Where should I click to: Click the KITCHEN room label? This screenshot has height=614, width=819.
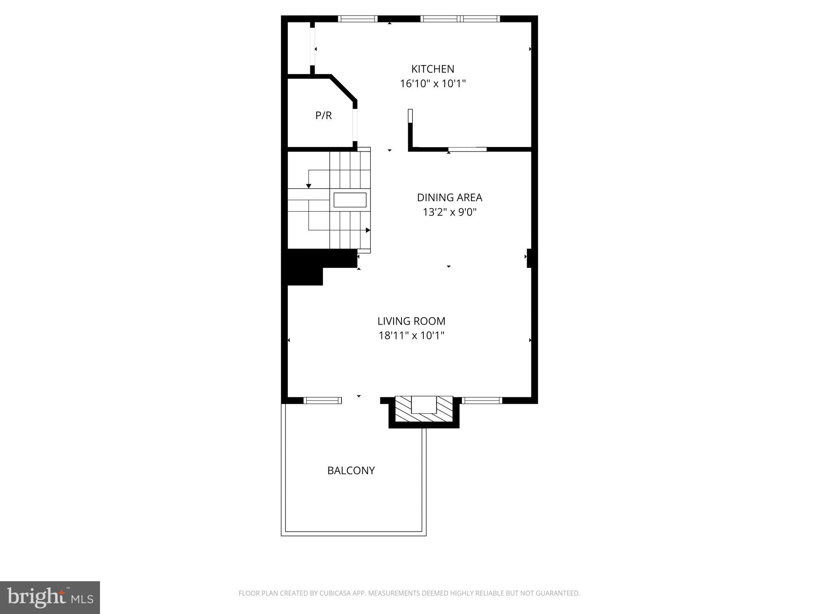433,69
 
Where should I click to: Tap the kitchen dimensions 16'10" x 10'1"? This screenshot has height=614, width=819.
433,84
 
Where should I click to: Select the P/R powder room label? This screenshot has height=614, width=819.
323,116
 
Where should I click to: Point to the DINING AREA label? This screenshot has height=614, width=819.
449,197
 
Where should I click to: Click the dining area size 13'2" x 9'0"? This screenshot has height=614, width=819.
449,212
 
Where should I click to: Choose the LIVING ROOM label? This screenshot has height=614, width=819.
411,321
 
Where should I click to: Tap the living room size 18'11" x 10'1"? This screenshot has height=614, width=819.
411,335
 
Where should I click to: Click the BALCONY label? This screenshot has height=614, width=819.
351,470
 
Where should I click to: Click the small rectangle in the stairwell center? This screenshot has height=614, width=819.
350,200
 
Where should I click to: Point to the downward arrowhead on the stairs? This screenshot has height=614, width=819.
309,186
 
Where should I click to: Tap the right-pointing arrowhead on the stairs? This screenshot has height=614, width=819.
368,230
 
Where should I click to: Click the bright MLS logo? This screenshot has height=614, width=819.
50,598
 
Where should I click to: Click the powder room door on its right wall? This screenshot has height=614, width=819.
355,124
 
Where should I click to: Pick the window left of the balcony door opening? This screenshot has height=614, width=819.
322,400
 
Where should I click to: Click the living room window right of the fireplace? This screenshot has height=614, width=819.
482,400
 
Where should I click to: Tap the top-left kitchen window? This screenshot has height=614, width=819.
358,18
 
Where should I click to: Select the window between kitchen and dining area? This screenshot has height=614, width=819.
467,150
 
